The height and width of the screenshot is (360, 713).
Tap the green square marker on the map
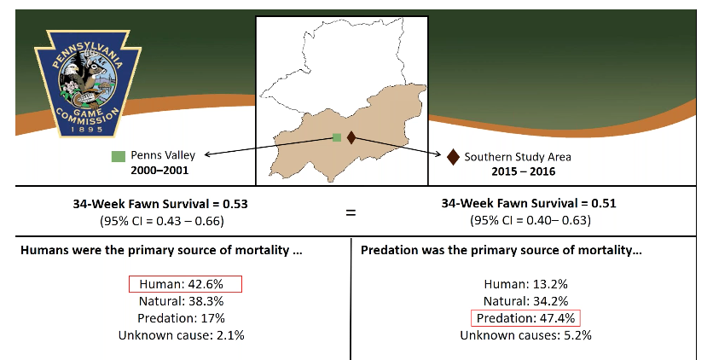pos(337,137)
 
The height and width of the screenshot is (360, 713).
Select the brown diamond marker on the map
pos(351,137)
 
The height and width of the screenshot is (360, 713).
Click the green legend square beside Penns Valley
pos(118,156)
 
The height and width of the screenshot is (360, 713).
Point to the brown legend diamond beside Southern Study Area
pos(453,156)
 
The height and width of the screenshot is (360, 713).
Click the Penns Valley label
pos(163,156)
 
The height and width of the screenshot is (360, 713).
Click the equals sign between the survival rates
pos(351,212)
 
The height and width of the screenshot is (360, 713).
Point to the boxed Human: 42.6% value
pos(185,284)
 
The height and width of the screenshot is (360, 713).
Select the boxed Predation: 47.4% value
pos(525,318)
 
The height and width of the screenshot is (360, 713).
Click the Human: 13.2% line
pos(525,284)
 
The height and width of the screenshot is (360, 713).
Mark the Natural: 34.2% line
pos(525,301)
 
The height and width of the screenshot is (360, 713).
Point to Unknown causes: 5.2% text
pos(525,335)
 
